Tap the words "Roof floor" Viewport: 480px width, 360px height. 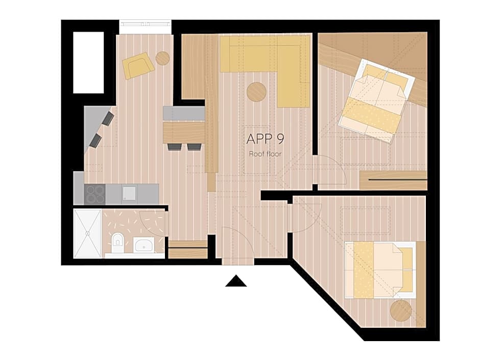tap(265, 153)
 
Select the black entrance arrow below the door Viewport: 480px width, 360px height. tap(236, 281)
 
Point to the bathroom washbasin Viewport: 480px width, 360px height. tap(143, 245)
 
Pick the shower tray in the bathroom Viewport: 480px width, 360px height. tap(87, 233)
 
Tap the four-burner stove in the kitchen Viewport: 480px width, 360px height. tap(94, 194)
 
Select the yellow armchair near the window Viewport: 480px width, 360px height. tap(138, 65)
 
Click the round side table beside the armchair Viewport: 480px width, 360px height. tap(162, 58)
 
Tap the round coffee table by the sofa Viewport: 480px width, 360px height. tap(256, 92)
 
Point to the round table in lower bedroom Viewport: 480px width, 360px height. tap(401, 310)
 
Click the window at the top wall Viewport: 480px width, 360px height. tap(145, 24)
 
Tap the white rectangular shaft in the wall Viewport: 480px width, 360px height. tap(88, 62)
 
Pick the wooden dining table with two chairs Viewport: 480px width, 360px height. tap(184, 132)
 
